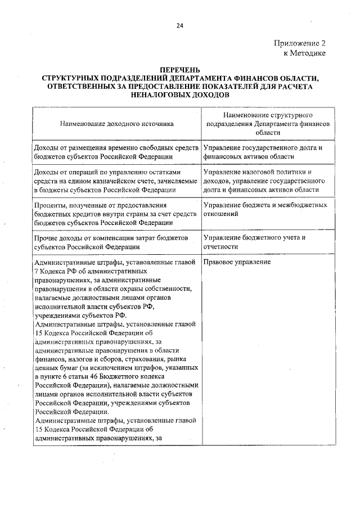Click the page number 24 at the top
pos(179,25)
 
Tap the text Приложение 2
pos(300,43)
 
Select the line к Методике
pos(304,53)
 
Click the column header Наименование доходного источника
pos(117,123)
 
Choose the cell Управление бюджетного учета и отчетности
pos(254,242)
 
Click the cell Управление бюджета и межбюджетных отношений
pos(265,209)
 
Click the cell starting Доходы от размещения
pos(116,152)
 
